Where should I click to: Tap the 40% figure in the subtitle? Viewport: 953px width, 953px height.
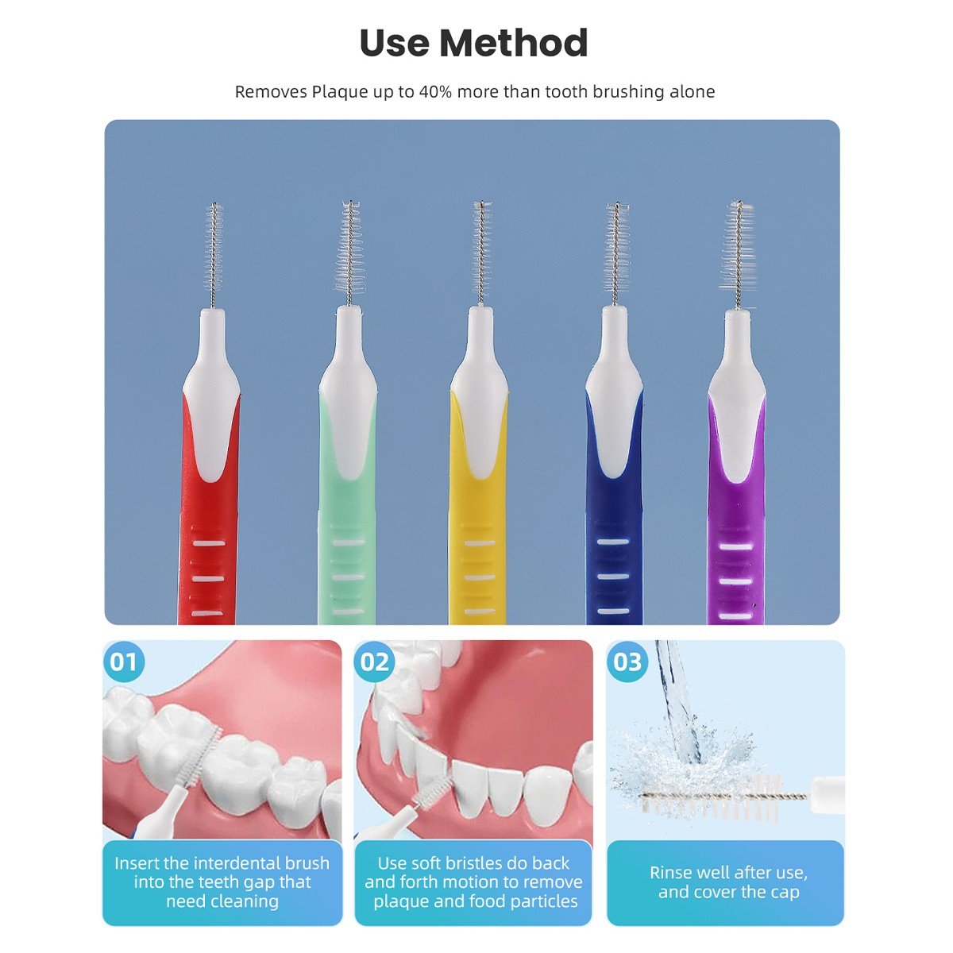[x=435, y=91]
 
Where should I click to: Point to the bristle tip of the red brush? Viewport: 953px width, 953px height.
[x=214, y=205]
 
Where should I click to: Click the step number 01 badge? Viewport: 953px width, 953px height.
[x=124, y=662]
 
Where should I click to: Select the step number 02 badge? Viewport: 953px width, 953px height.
[x=374, y=662]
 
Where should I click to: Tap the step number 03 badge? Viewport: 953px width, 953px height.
[x=627, y=662]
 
